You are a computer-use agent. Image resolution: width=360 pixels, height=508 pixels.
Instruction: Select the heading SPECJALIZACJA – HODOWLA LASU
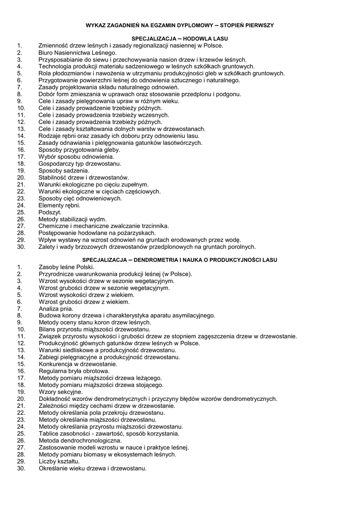[x=180, y=38]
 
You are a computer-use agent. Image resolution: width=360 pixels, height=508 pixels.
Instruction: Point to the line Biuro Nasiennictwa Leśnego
[x=77, y=52]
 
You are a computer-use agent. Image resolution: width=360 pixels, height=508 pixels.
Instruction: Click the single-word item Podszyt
[x=50, y=212]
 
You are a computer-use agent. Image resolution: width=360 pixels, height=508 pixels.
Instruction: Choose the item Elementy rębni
[x=59, y=205]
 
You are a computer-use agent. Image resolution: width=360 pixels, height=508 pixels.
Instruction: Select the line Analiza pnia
[x=56, y=309]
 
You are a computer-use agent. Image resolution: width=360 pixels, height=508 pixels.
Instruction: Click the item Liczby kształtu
[x=59, y=461]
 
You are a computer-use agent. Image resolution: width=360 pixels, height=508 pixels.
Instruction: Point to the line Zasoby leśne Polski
[x=66, y=267]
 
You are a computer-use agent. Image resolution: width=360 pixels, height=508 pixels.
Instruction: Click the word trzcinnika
[x=154, y=226]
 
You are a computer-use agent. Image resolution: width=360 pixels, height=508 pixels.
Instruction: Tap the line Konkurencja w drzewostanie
[x=78, y=364]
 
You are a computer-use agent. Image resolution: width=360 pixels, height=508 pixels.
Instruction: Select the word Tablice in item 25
[x=49, y=434]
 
